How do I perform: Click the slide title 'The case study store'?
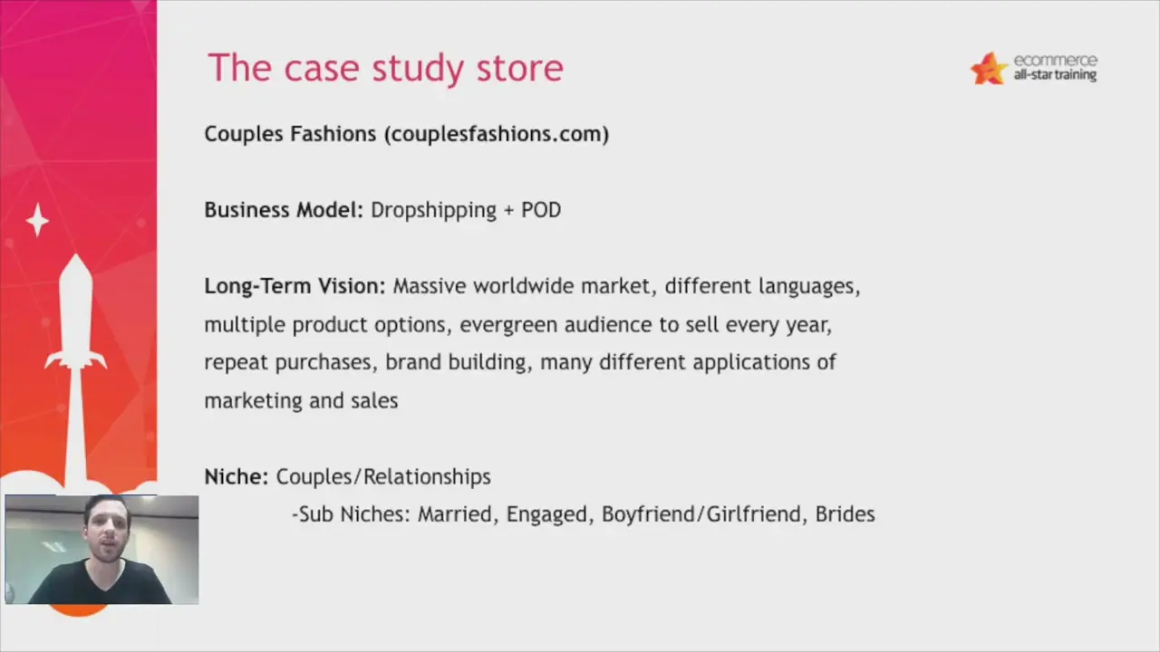click(385, 69)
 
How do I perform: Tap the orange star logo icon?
click(989, 69)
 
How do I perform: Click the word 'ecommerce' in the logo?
click(1056, 60)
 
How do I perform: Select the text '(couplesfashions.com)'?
click(497, 135)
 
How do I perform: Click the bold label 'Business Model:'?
click(284, 210)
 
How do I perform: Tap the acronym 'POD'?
click(541, 210)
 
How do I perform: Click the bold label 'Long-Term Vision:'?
click(295, 286)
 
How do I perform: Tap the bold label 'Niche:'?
click(237, 476)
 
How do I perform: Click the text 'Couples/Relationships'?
click(383, 477)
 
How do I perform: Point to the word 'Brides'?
click(846, 514)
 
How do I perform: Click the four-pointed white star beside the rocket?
click(37, 220)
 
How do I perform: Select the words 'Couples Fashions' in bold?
click(290, 134)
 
